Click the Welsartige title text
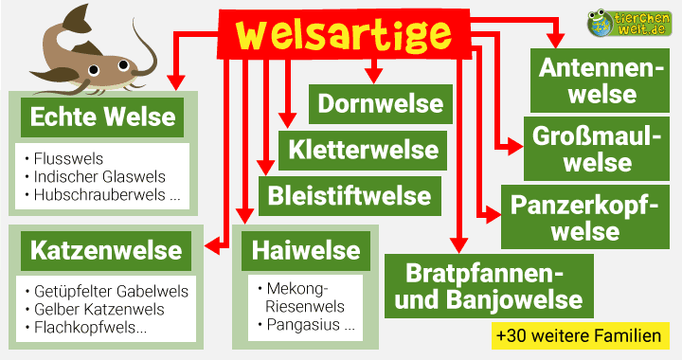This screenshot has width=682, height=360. pos(344,35)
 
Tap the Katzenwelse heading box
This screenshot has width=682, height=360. pos(106,251)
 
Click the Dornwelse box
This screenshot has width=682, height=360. pos(380,104)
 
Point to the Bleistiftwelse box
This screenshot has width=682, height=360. pos(349,196)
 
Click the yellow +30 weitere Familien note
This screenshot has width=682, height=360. pos(577,335)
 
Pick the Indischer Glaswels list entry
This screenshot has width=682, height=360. pos(99,177)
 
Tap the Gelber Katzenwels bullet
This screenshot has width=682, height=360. pos(98,310)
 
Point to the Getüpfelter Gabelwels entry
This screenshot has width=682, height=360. pos(110,291)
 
